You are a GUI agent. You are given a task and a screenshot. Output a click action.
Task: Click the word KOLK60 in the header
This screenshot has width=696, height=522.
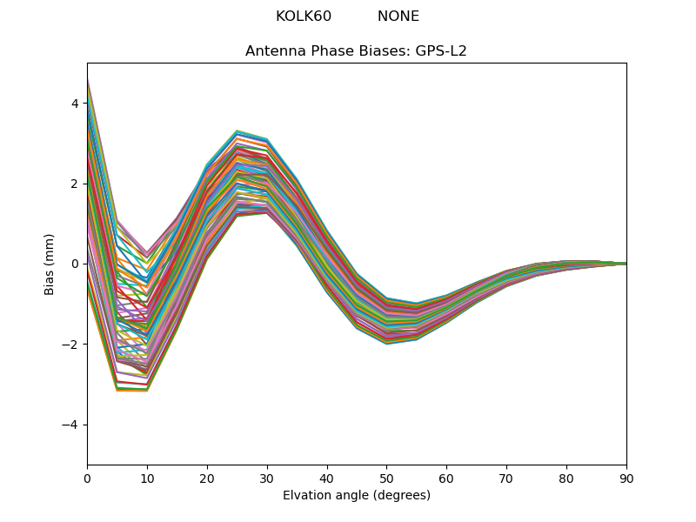[x=304, y=17]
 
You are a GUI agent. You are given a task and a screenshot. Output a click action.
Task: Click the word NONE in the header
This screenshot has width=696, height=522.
[x=398, y=17]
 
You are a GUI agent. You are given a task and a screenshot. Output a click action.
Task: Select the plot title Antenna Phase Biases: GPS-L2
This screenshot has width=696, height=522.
[x=356, y=51]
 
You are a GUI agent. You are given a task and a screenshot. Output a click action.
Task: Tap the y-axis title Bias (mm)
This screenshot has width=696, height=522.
[x=50, y=264]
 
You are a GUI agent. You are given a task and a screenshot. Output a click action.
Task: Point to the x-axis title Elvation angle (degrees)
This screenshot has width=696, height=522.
[x=357, y=496]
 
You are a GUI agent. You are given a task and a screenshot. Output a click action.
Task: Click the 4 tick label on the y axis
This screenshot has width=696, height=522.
[x=75, y=104]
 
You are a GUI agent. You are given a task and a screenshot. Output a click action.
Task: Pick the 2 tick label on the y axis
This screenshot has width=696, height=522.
[x=75, y=184]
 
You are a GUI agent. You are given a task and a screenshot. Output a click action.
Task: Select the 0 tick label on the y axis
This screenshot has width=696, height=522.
[x=75, y=264]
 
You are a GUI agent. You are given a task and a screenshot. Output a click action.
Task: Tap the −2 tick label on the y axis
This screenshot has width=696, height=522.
[x=71, y=345]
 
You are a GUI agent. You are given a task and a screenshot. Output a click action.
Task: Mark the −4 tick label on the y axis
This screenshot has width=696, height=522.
[x=71, y=425]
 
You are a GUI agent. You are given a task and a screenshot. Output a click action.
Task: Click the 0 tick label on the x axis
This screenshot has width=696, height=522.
[x=87, y=478]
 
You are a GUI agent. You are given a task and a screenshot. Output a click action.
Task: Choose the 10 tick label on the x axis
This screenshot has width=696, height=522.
[x=147, y=478]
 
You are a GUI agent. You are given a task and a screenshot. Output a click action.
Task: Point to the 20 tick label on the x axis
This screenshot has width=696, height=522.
[x=207, y=478]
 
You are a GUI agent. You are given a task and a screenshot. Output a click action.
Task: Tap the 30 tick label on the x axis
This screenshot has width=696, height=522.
[x=267, y=478]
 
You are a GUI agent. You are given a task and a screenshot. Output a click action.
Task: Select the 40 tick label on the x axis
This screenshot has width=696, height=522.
[x=327, y=478]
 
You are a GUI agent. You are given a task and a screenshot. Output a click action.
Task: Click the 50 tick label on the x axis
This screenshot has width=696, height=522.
[x=386, y=478]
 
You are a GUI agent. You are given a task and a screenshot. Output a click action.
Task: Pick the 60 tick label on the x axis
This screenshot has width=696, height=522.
[x=446, y=478]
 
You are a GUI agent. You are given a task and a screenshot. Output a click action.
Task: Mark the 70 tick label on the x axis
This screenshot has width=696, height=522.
[x=506, y=478]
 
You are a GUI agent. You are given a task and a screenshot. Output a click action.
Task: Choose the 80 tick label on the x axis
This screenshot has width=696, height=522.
[x=566, y=478]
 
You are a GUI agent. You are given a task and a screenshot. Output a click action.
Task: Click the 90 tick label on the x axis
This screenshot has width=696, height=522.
[x=626, y=478]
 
